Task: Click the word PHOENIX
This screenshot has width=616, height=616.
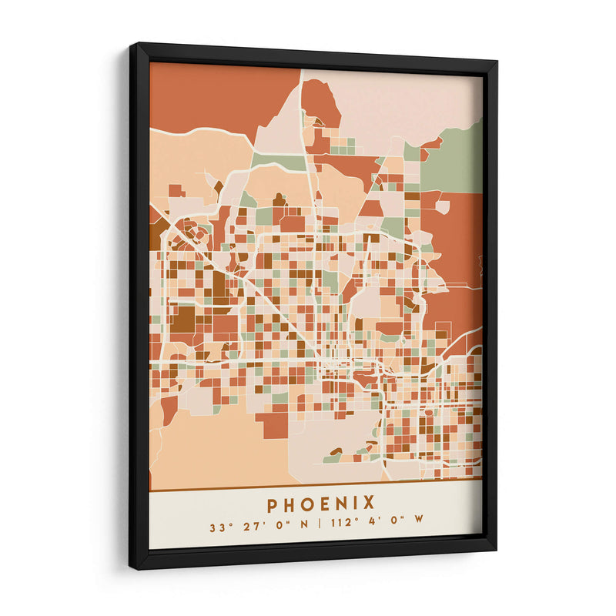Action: click(x=321, y=504)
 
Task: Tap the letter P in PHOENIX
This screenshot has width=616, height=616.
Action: click(x=273, y=504)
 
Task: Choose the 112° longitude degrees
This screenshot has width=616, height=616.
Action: click(x=341, y=528)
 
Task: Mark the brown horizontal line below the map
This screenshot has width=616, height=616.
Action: click(x=316, y=490)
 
